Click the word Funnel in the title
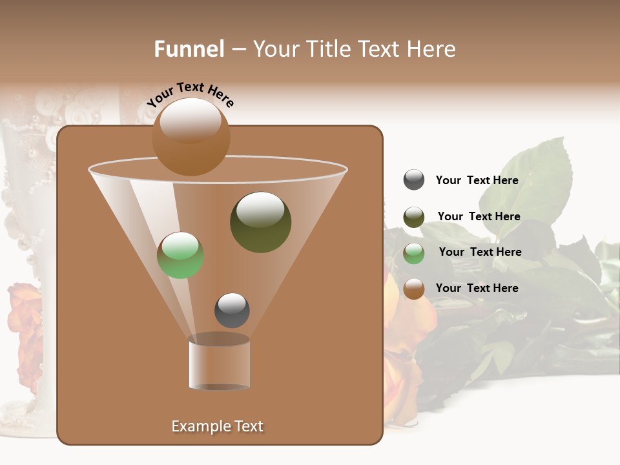click(x=189, y=49)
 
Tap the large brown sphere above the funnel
click(x=191, y=137)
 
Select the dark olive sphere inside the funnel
click(x=260, y=222)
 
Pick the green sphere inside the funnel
click(x=181, y=255)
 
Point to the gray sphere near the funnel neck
click(x=232, y=310)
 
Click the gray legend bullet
click(x=414, y=180)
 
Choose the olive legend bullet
click(x=414, y=217)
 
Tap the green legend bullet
click(x=414, y=253)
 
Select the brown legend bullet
click(x=414, y=289)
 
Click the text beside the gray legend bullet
click(x=477, y=180)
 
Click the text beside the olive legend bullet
click(x=479, y=216)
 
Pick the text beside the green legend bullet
click(x=480, y=252)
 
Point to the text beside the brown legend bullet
click(x=477, y=288)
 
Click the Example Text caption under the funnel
click(x=217, y=426)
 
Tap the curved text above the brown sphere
click(x=191, y=94)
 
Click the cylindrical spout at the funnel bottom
click(x=219, y=364)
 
